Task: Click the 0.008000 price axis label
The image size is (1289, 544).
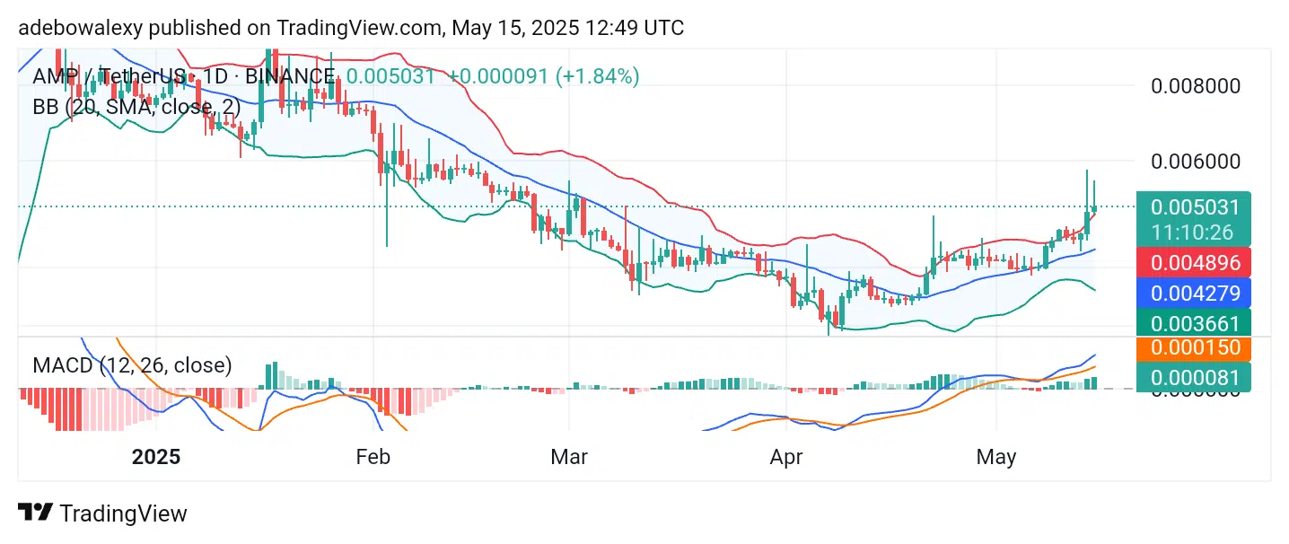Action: point(1195,86)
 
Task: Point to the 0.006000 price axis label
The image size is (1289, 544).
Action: point(1195,162)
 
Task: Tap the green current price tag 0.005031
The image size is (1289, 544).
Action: point(1195,207)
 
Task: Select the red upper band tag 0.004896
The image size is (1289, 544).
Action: point(1195,263)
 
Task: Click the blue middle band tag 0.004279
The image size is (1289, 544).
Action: point(1195,293)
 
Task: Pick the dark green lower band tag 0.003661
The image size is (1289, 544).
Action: point(1195,323)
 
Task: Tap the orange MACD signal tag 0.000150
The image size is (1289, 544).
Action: point(1195,348)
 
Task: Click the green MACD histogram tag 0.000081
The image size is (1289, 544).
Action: point(1195,377)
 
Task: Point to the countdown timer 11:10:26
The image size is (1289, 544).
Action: point(1195,233)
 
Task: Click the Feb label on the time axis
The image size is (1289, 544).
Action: point(373,457)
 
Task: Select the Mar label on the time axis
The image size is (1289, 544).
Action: point(568,457)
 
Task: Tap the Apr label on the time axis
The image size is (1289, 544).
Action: point(785,457)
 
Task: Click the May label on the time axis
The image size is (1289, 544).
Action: point(996,457)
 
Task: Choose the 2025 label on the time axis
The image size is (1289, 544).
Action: point(156,457)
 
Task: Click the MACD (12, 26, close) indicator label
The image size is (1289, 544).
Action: point(132,365)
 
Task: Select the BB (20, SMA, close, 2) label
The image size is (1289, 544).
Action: point(136,108)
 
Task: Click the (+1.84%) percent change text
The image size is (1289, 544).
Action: point(597,76)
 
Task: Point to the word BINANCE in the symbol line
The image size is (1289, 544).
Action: point(289,76)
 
